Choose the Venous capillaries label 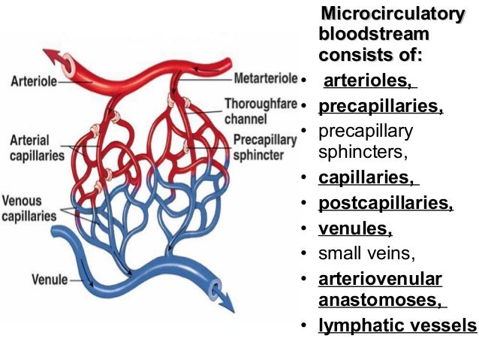tap(29, 209)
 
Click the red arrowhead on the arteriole tap(53, 57)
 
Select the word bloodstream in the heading tap(374, 35)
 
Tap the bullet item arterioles tap(369, 80)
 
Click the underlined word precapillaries tap(381, 106)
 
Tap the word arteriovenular tap(380, 279)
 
